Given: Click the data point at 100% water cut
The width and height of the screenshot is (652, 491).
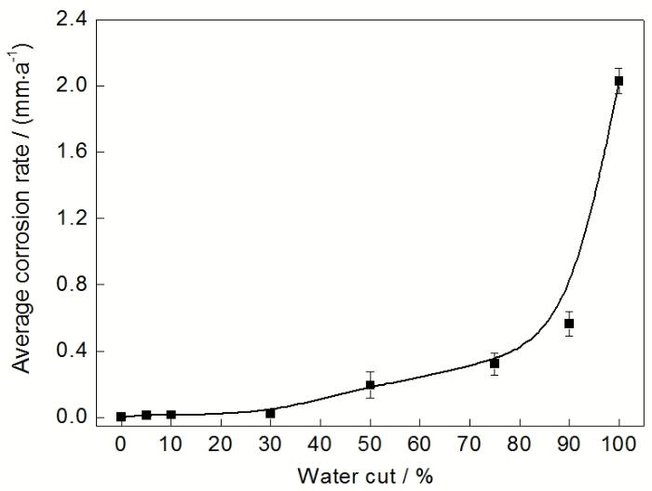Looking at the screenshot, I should click(x=618, y=81).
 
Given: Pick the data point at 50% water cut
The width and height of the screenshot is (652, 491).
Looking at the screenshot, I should click(x=370, y=385).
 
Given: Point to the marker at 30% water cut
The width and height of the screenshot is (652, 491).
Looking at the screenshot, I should click(x=270, y=413).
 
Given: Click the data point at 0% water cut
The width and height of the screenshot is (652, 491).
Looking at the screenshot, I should click(x=121, y=417).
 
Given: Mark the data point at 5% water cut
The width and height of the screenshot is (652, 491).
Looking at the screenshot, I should click(x=146, y=415).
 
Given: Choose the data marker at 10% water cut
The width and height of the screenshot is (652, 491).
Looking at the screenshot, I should click(x=171, y=415).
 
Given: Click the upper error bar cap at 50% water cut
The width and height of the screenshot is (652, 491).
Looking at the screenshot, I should click(x=370, y=372).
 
